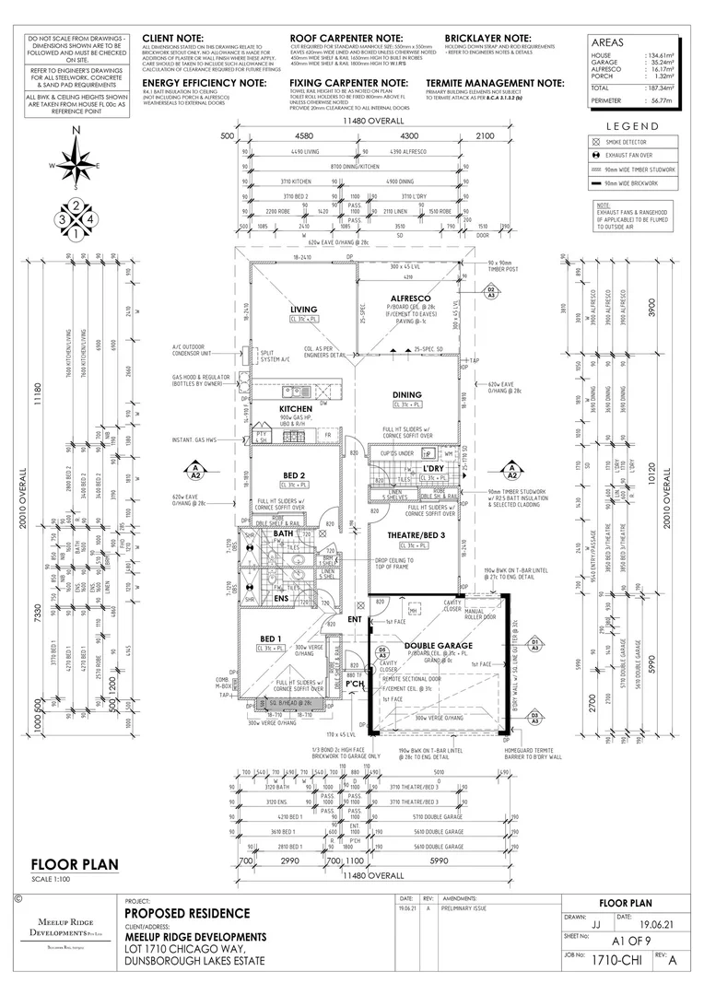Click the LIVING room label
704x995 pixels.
point(303,310)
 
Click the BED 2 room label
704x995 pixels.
point(294,474)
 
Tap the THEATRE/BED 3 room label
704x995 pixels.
point(409,535)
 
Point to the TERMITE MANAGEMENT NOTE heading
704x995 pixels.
point(494,83)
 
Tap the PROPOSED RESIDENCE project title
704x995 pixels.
point(188,913)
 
